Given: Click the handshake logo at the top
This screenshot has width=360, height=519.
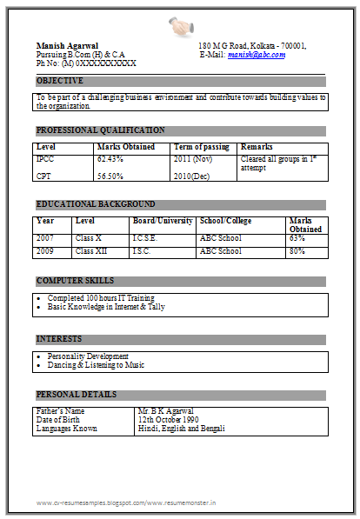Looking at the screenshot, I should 180,25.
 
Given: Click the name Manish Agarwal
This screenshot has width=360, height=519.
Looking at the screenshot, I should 67,45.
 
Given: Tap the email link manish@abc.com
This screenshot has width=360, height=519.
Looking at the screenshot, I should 257,54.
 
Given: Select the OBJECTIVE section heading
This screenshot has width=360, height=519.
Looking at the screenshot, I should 60,81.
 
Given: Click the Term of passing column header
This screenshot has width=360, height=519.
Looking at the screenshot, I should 202,147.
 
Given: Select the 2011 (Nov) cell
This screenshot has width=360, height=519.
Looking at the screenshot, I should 193,160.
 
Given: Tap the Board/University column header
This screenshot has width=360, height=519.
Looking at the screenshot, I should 162,221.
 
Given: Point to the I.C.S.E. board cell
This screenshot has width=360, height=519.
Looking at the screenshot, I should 146,237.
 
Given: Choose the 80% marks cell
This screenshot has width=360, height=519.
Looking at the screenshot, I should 297,251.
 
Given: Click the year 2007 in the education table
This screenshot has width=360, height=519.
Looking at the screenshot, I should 45,237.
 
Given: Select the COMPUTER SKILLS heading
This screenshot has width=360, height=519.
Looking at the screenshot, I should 75,281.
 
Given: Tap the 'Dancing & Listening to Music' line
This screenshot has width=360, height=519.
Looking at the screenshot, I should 96,365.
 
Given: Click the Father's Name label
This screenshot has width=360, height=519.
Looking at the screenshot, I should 60,410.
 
